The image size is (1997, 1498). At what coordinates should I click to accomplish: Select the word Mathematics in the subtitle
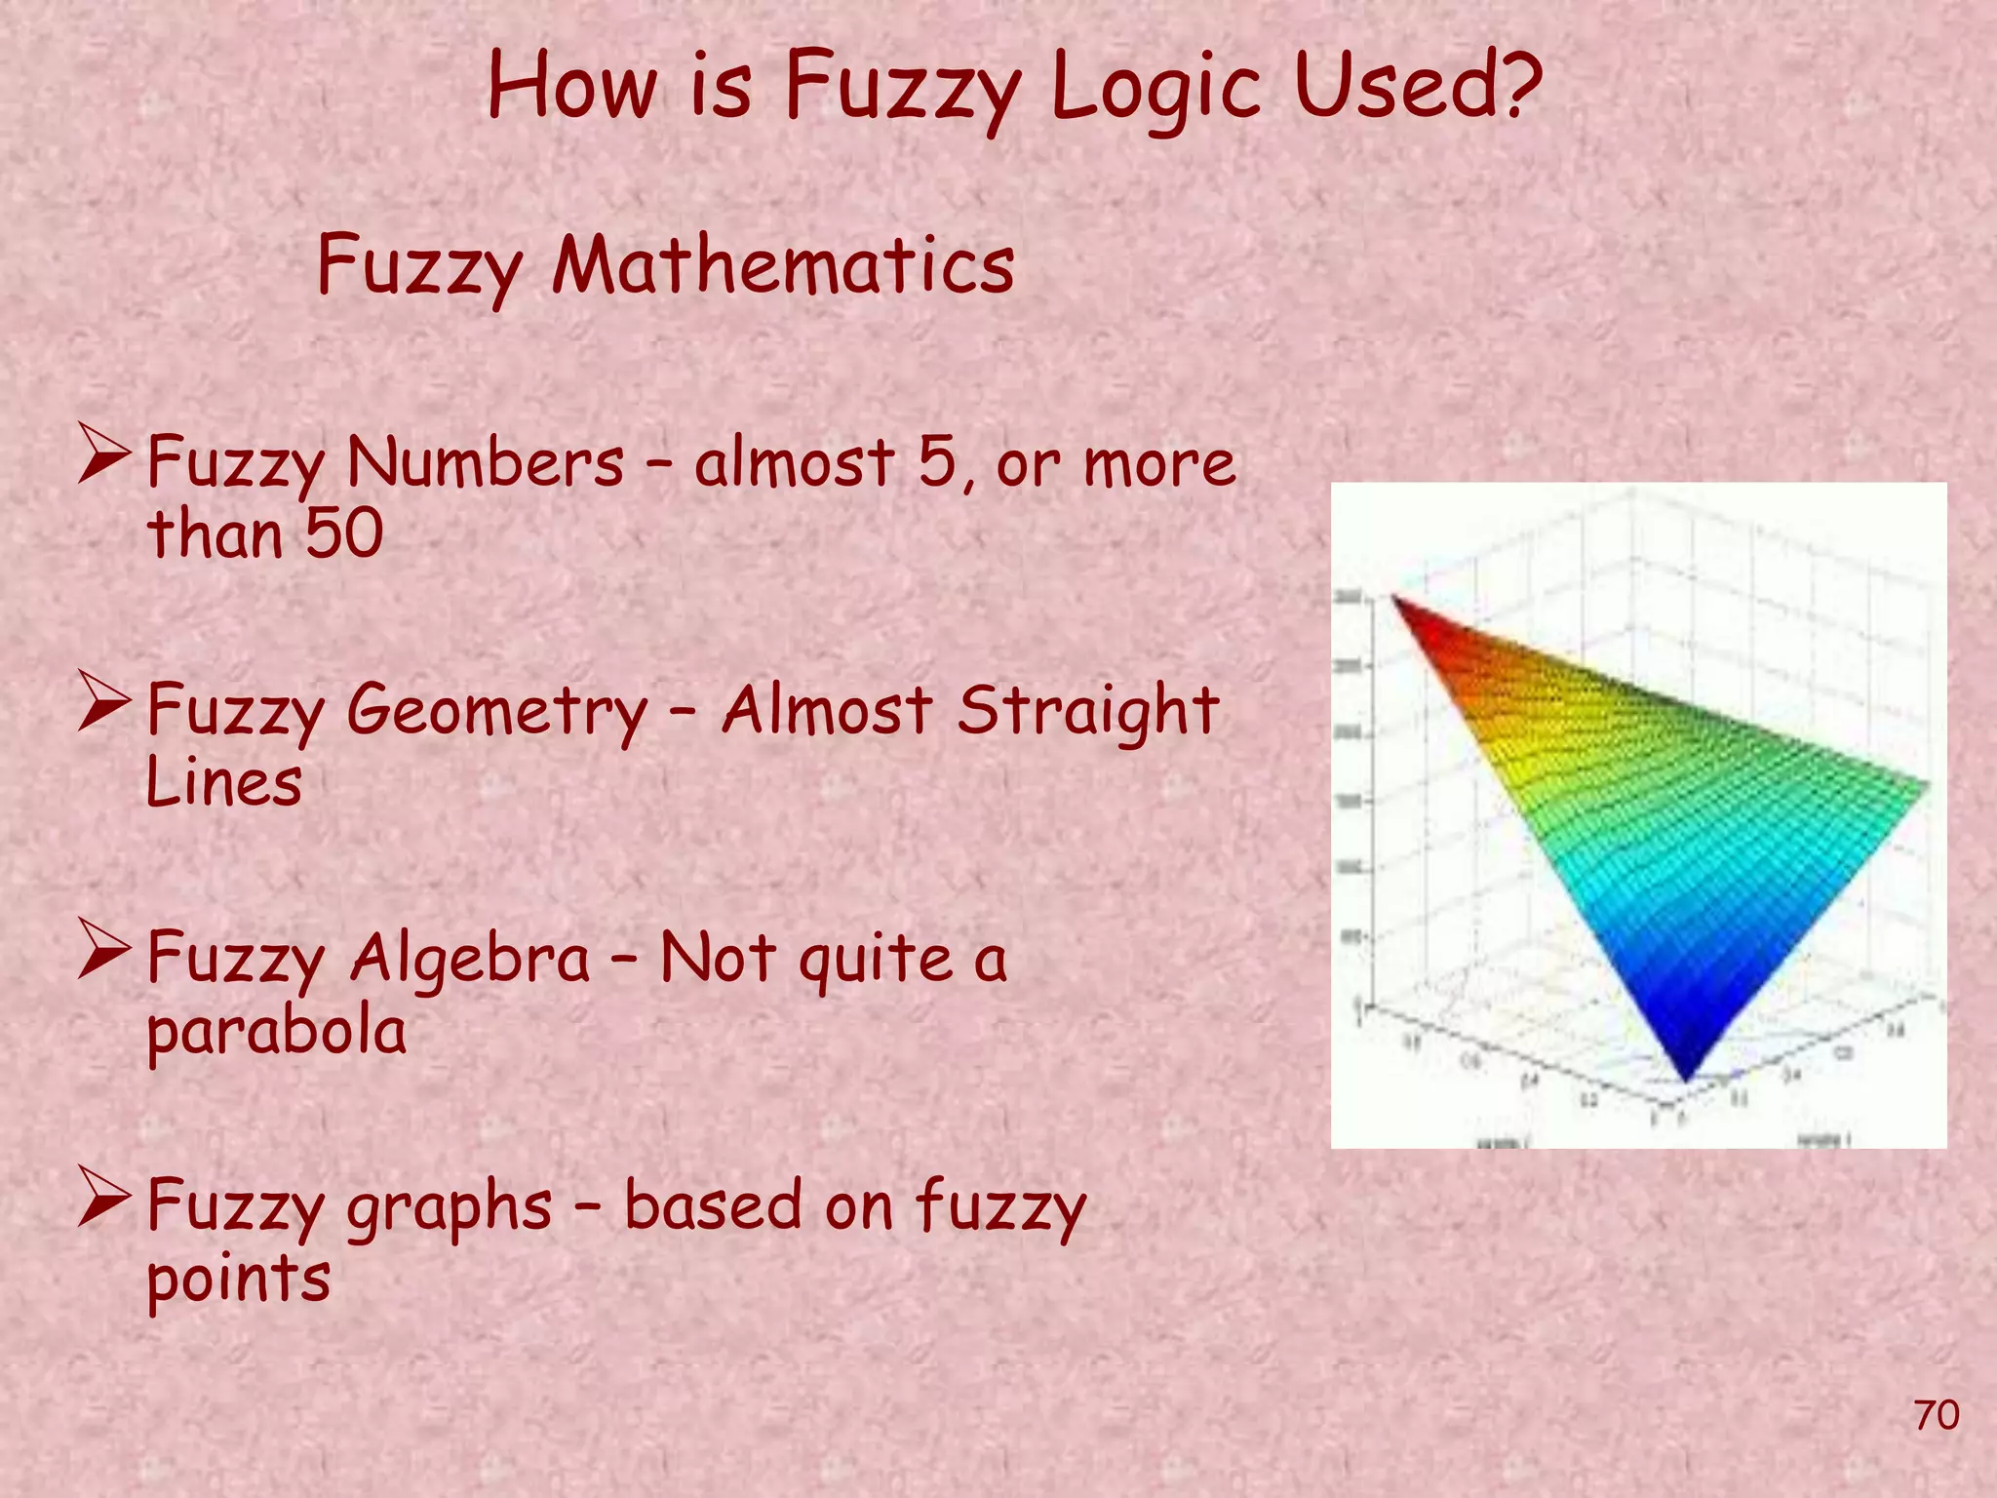(783, 265)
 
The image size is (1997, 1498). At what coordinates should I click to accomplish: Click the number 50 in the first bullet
(343, 534)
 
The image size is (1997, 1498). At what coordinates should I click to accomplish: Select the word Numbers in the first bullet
(485, 462)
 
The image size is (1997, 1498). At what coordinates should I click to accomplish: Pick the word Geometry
(496, 712)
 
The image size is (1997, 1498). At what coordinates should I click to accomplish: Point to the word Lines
(223, 783)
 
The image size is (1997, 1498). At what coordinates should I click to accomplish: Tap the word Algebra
(470, 960)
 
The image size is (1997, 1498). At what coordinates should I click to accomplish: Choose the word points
(239, 1281)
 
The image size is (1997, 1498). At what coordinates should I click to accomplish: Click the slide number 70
(1937, 1415)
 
